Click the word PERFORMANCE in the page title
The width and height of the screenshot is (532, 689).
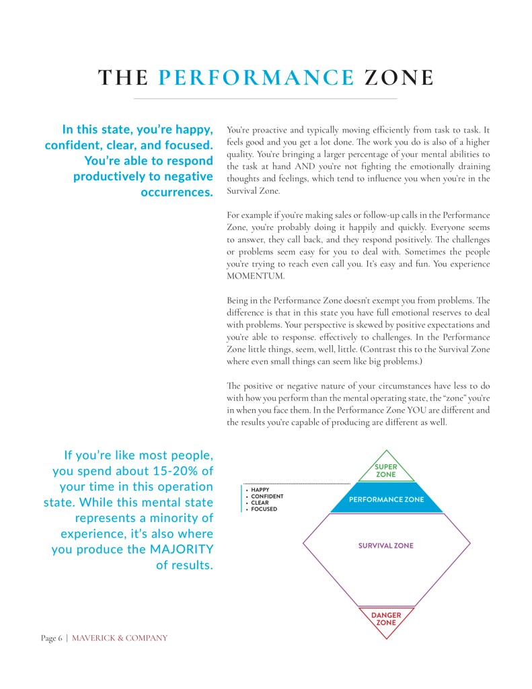[256, 78]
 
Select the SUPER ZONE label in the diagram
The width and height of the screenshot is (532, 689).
[386, 470]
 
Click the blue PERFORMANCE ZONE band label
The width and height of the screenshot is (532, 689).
[386, 500]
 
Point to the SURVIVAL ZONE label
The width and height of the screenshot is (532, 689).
[386, 546]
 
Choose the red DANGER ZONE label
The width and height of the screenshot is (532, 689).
[386, 618]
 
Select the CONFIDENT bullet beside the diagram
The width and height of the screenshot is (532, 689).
[267, 497]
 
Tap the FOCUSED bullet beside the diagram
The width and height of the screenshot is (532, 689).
[264, 509]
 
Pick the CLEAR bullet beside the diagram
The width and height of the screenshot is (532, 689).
[260, 503]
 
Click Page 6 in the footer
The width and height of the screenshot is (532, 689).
[52, 638]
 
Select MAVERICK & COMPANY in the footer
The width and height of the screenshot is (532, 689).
[120, 638]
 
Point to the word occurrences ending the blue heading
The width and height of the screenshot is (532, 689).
[178, 192]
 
